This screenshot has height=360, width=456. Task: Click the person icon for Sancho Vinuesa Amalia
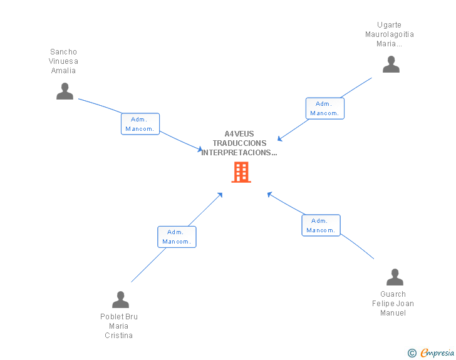[65, 91]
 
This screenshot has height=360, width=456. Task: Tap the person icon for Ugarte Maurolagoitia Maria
[391, 64]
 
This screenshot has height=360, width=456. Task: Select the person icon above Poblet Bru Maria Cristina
[120, 299]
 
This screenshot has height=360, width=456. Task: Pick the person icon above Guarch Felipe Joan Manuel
[395, 277]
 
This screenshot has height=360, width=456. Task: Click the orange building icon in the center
[241, 172]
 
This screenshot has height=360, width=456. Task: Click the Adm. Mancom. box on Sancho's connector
[140, 124]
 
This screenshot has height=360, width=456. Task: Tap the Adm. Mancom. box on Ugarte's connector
[324, 108]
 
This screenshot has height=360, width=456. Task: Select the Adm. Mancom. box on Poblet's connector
[177, 237]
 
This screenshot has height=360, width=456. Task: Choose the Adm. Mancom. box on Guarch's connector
[321, 225]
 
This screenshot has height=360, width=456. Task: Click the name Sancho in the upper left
[63, 52]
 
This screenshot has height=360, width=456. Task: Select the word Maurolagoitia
[390, 34]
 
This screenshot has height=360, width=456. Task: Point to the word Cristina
[118, 336]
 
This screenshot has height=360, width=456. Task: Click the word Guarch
[393, 294]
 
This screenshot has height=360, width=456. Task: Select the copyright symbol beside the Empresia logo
[412, 353]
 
